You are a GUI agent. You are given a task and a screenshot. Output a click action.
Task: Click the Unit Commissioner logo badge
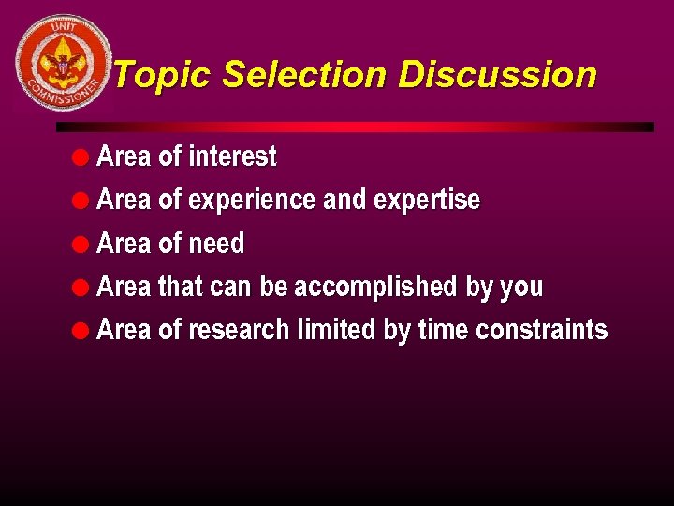[x=64, y=64]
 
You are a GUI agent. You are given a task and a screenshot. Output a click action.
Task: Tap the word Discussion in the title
[x=497, y=75]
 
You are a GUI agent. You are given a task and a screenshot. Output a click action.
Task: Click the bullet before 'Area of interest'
[x=82, y=156]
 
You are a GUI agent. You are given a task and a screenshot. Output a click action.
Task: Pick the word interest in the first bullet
[x=232, y=156]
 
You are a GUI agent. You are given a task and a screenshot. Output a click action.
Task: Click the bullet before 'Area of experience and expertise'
[x=82, y=201]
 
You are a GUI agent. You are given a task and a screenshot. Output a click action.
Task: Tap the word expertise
[x=427, y=201]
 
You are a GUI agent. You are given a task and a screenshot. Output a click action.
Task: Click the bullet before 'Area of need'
[x=82, y=245]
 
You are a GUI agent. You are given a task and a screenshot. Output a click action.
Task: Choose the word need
[x=216, y=245]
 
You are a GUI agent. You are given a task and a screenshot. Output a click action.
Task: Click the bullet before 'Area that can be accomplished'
[x=82, y=287]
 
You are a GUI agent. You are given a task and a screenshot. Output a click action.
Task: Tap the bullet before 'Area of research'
[x=82, y=330]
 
